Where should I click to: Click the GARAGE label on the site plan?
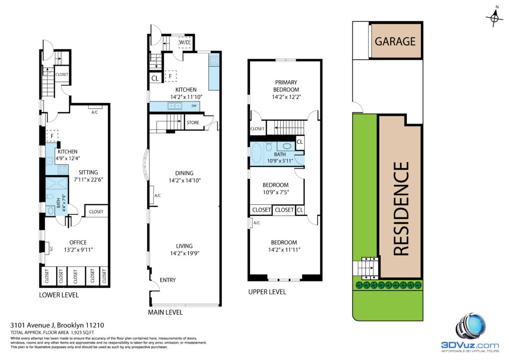(x=395, y=42)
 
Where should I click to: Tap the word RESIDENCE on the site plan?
(x=401, y=208)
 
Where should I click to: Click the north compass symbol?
(x=495, y=17)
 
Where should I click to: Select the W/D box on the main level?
(x=184, y=43)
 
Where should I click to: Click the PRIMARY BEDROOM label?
(x=286, y=86)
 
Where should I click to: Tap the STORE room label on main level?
(x=193, y=123)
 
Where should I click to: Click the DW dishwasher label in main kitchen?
(x=194, y=106)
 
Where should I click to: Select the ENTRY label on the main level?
(x=168, y=280)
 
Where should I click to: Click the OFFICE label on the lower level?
(x=78, y=243)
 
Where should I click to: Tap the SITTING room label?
(x=88, y=173)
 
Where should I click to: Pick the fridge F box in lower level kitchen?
(x=52, y=136)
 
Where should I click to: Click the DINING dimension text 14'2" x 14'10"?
(x=184, y=180)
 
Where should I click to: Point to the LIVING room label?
(x=184, y=246)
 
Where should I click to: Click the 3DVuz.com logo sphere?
(x=471, y=326)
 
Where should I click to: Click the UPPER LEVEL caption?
(x=267, y=292)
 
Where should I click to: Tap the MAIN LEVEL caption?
(x=165, y=312)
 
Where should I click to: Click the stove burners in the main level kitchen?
(x=214, y=60)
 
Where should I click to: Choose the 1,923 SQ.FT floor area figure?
(x=82, y=333)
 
